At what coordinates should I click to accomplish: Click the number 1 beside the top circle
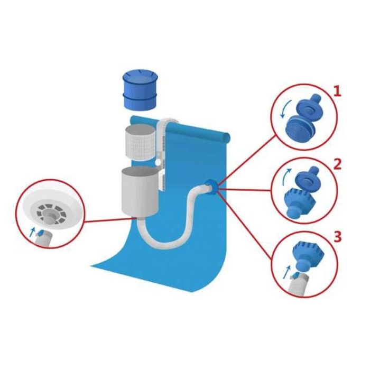click(x=337, y=91)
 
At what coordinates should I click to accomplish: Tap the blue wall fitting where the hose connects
click(x=211, y=186)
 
